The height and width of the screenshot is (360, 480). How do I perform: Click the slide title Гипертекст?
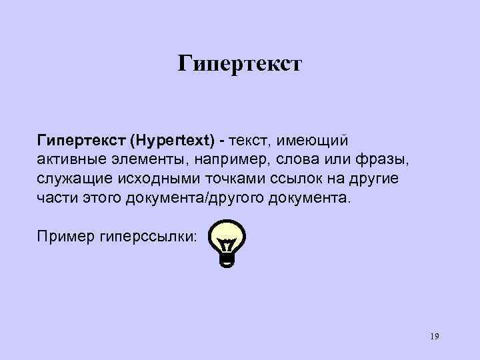click(x=240, y=64)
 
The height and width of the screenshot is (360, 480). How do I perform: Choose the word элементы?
click(x=149, y=161)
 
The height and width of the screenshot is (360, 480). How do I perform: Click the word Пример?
click(x=63, y=237)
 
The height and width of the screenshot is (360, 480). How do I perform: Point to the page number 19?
click(x=434, y=337)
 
